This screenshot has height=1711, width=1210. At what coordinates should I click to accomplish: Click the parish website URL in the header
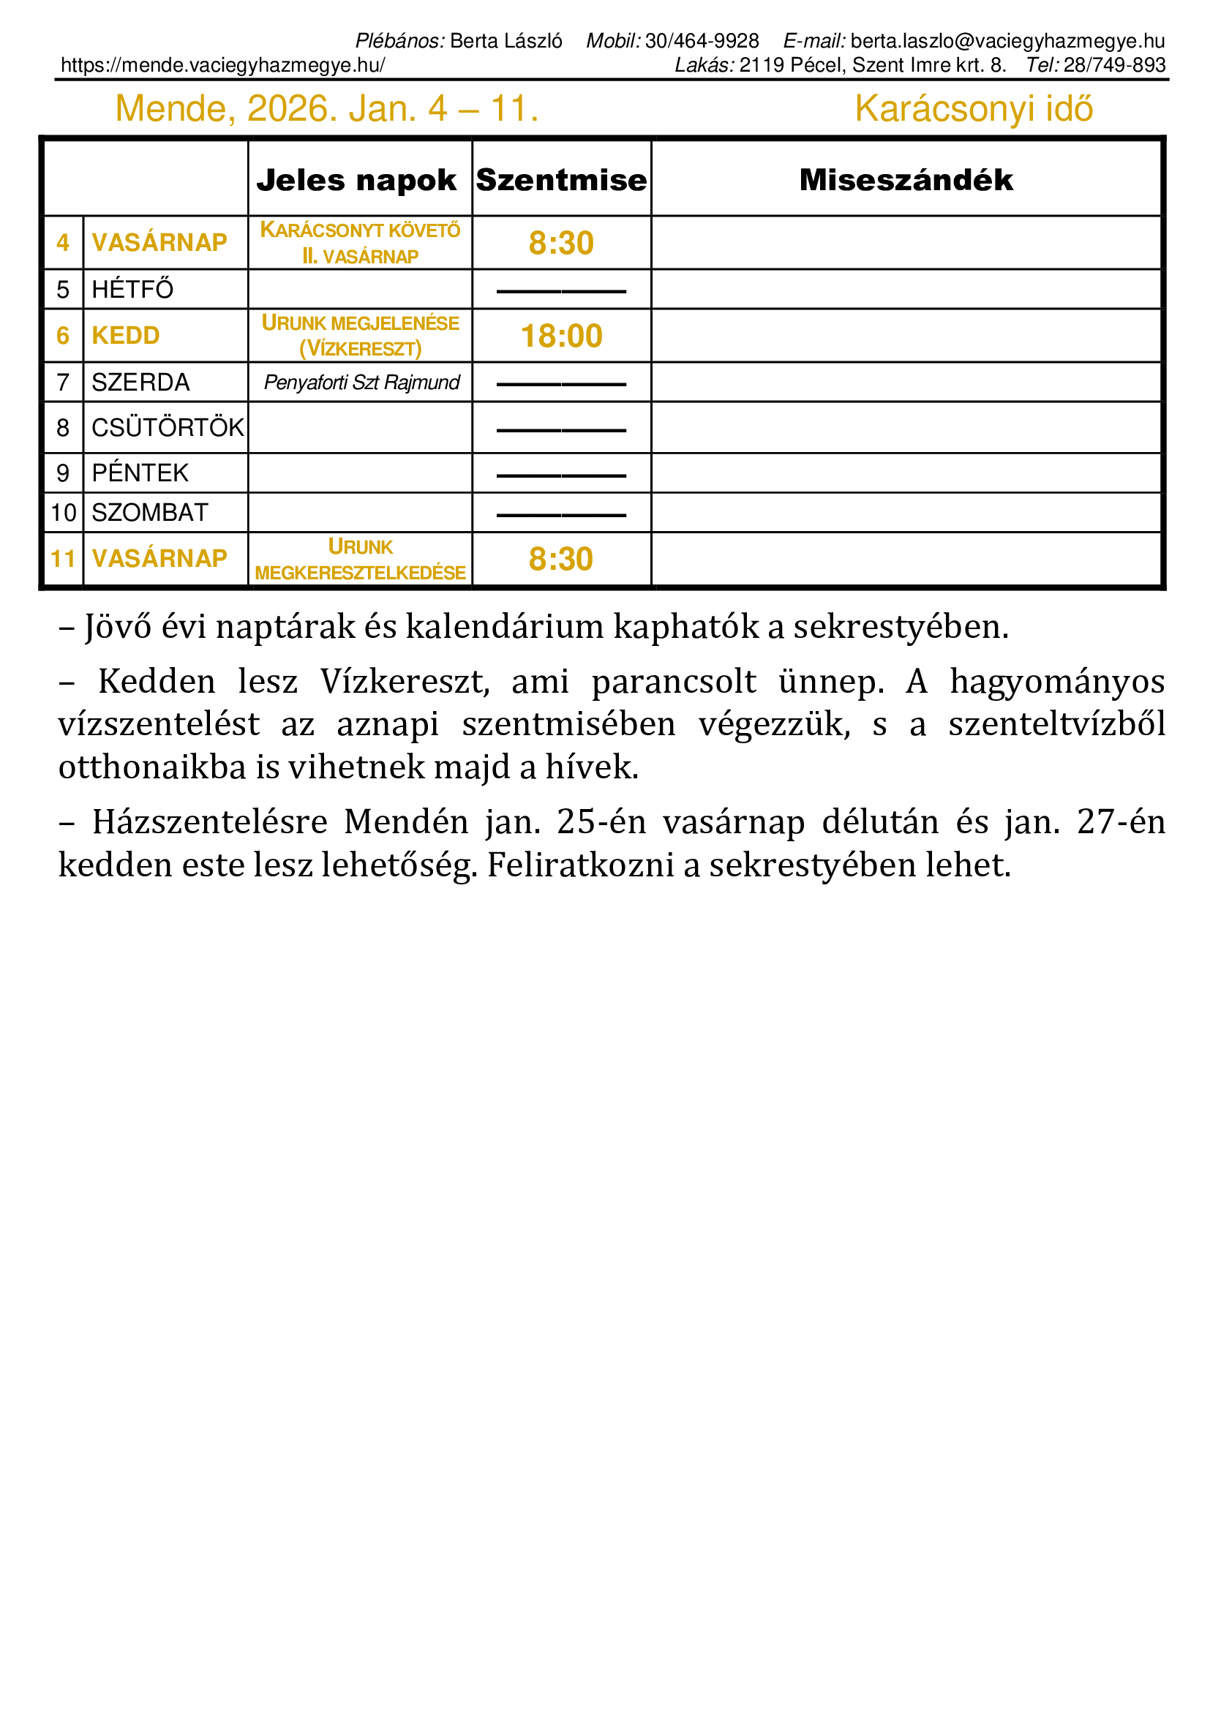(223, 66)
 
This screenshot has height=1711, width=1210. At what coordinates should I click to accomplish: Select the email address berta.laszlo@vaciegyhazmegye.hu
(1007, 41)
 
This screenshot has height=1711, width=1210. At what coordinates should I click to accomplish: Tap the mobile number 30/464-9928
(702, 41)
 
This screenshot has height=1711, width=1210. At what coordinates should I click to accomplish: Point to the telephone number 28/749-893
(1114, 66)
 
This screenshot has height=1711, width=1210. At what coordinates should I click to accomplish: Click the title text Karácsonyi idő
(973, 109)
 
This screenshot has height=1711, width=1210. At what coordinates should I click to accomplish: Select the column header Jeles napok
(356, 181)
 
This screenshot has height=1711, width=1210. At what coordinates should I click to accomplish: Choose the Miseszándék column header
(906, 181)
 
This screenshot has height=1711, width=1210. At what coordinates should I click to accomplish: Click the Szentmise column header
(561, 181)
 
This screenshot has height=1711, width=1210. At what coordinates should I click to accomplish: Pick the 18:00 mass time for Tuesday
(561, 336)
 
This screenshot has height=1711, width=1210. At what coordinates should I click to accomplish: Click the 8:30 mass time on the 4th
(561, 243)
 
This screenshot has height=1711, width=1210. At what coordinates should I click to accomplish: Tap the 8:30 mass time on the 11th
(561, 559)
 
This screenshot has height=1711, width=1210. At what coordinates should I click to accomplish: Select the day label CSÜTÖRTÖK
(167, 428)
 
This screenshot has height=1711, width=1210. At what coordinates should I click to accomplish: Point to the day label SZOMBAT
(150, 513)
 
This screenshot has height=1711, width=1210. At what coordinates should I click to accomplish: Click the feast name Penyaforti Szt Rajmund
(361, 383)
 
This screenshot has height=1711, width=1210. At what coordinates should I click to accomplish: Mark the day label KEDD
(125, 336)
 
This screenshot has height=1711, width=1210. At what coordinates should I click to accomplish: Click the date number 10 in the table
(64, 513)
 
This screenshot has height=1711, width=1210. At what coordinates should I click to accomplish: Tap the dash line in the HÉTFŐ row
(561, 291)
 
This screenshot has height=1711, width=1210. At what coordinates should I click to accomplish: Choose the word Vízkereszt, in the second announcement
(405, 682)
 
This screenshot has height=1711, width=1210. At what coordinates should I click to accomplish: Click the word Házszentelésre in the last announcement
(209, 822)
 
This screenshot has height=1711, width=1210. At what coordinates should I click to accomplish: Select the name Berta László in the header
(506, 41)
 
